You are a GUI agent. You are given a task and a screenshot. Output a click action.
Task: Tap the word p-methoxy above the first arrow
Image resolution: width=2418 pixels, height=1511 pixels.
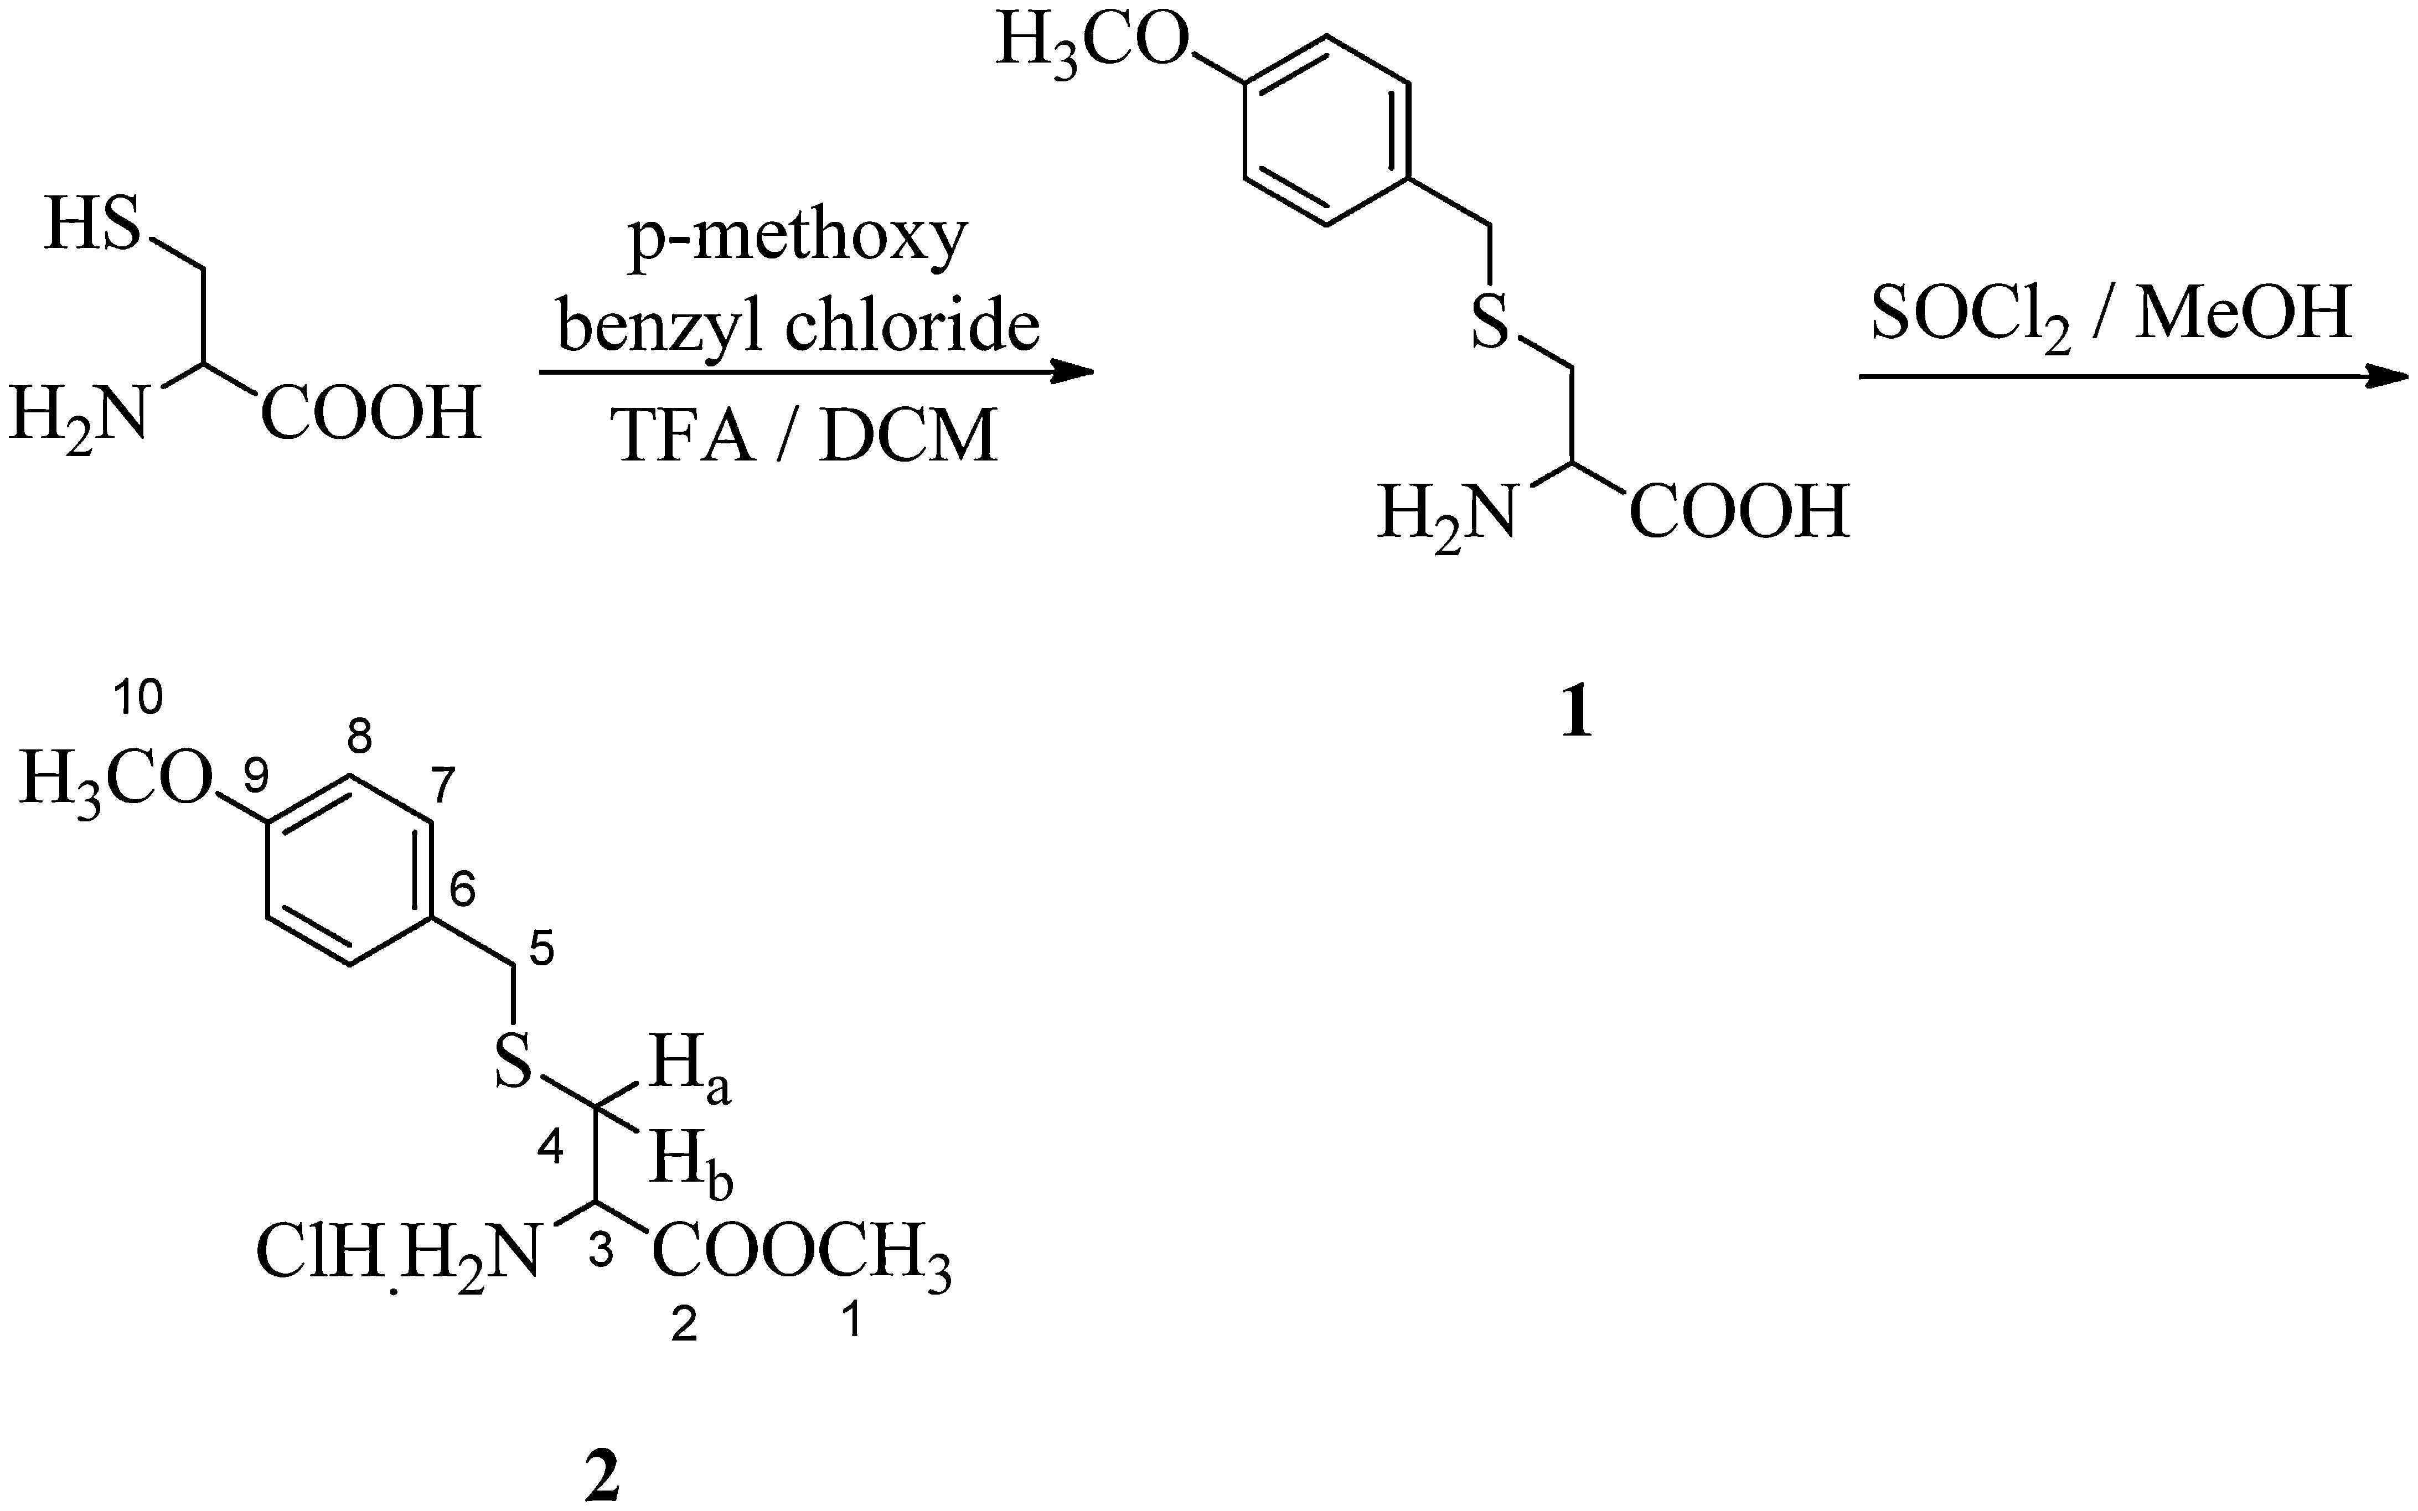click(797, 238)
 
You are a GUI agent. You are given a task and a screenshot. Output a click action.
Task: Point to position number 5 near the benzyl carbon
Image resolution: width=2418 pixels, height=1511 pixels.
click(540, 951)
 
